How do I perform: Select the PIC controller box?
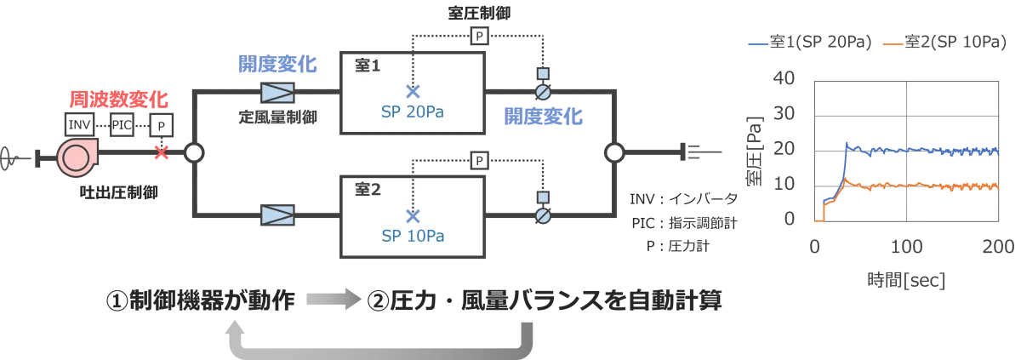[x=123, y=124]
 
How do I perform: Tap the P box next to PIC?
[x=161, y=125]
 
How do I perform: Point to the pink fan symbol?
[x=77, y=158]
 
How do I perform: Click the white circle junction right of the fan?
[x=194, y=152]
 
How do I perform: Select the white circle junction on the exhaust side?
[x=614, y=152]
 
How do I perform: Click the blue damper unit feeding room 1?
[x=278, y=93]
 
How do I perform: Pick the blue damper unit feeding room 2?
[x=278, y=216]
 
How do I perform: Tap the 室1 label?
[x=368, y=66]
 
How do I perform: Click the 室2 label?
[x=368, y=189]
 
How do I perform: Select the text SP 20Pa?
[x=413, y=111]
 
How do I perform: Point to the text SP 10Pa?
[x=413, y=235]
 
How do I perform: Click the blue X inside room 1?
[x=413, y=92]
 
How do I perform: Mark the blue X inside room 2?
[x=413, y=215]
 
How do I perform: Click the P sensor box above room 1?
[x=480, y=36]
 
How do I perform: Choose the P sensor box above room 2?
[x=480, y=160]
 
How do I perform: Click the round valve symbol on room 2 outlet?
[x=542, y=216]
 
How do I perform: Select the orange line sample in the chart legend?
[x=892, y=43]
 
